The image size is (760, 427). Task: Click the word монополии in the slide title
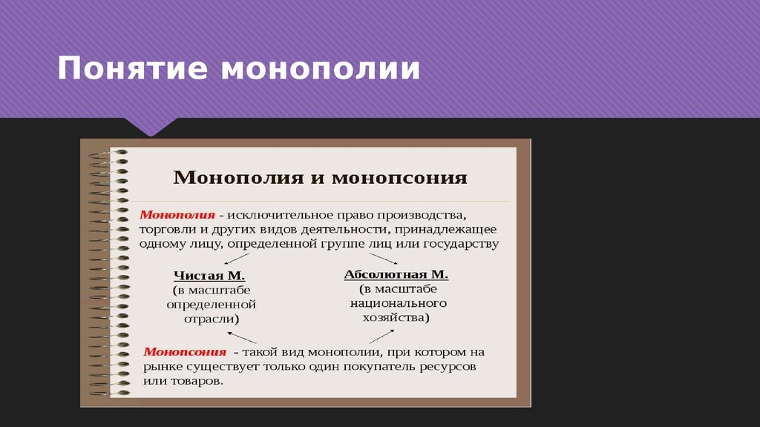tap(321, 69)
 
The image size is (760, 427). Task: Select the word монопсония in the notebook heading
tap(400, 178)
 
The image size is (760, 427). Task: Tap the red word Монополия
tap(177, 215)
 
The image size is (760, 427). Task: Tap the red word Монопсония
tap(185, 352)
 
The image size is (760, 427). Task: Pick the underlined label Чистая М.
tap(209, 276)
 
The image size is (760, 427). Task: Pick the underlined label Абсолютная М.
tap(396, 274)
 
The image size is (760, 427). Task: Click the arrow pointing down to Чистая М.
tap(237, 259)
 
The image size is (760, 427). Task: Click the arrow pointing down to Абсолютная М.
tap(384, 259)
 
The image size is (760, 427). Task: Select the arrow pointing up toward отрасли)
tap(242, 337)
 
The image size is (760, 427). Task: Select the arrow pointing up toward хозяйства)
tap(381, 337)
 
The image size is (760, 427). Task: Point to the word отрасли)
tap(212, 320)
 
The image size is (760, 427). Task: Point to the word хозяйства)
tap(396, 318)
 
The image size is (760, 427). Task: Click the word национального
tap(399, 303)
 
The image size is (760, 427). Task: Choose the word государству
tap(462, 243)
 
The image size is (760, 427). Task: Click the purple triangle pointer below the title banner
tap(151, 126)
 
